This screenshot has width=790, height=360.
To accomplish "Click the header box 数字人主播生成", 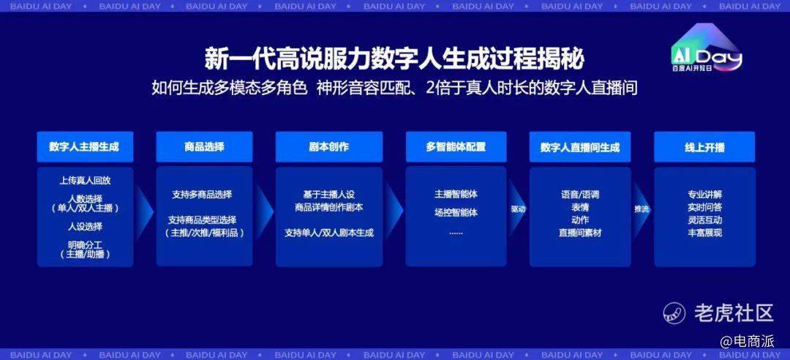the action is point(85,147).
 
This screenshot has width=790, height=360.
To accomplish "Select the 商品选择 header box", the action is point(204,147).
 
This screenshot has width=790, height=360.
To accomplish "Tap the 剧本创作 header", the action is point(329,147).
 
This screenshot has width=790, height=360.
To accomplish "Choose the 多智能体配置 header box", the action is point(456,147).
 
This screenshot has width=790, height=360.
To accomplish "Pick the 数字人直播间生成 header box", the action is point(580,147).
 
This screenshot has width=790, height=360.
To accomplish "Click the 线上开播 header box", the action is point(704,147).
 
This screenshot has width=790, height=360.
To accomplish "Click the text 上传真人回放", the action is point(85,181).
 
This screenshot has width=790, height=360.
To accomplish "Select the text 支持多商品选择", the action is point(202,195).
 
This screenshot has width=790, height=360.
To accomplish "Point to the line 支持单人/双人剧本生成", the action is point(329,233).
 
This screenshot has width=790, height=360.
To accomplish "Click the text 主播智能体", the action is point(456,194).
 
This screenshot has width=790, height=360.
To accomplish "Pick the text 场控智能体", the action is point(456,213).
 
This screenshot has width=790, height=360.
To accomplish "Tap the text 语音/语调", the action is point(580,195).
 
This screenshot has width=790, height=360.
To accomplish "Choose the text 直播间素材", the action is point(580,233).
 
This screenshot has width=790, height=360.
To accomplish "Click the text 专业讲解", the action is point(705,195).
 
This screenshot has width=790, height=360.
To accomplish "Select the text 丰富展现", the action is point(705,233).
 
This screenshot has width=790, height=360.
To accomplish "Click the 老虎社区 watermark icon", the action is point(674,313).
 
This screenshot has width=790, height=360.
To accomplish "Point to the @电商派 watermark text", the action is point(747,342).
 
